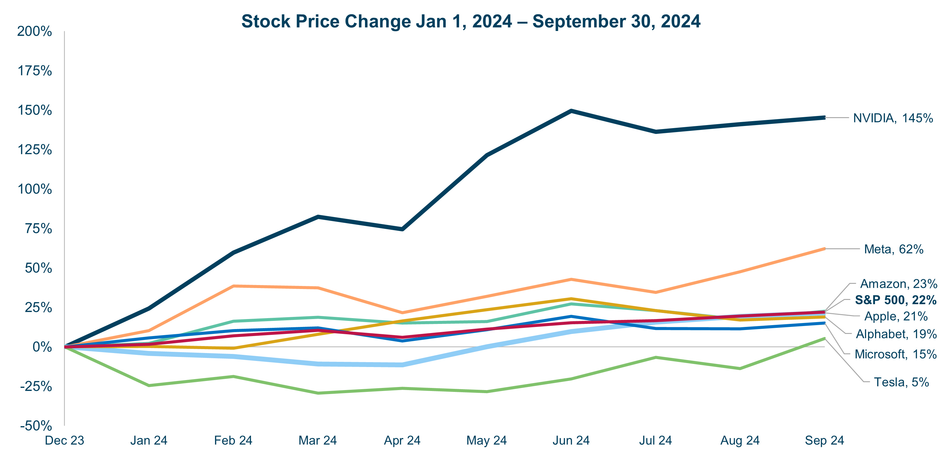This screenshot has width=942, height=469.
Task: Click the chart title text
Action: (471, 21)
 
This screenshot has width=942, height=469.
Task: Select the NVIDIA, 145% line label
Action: (893, 118)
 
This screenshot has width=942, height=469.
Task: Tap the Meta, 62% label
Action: (893, 249)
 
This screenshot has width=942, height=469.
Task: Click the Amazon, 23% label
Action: (898, 284)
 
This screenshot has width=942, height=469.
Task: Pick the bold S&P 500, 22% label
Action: (896, 300)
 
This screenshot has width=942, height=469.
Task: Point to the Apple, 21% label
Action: (896, 316)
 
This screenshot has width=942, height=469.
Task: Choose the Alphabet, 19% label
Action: (896, 334)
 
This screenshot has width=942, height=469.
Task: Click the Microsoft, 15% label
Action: (896, 354)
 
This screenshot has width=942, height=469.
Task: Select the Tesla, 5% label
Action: (901, 382)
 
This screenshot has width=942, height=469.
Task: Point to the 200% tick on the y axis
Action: (35, 32)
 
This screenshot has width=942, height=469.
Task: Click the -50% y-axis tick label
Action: (36, 426)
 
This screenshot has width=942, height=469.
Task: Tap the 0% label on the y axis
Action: (42, 347)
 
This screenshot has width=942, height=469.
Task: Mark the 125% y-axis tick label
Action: (35, 150)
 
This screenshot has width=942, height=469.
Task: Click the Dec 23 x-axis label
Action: (64, 440)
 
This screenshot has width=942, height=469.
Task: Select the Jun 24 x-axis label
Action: (571, 440)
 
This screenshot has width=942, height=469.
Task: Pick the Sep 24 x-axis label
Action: (824, 440)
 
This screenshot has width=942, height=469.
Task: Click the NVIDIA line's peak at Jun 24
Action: (571, 111)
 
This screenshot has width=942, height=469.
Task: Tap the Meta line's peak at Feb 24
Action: (234, 286)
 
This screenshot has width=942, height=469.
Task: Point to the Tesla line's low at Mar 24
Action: (318, 393)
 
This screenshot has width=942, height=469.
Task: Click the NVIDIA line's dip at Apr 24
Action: (402, 229)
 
